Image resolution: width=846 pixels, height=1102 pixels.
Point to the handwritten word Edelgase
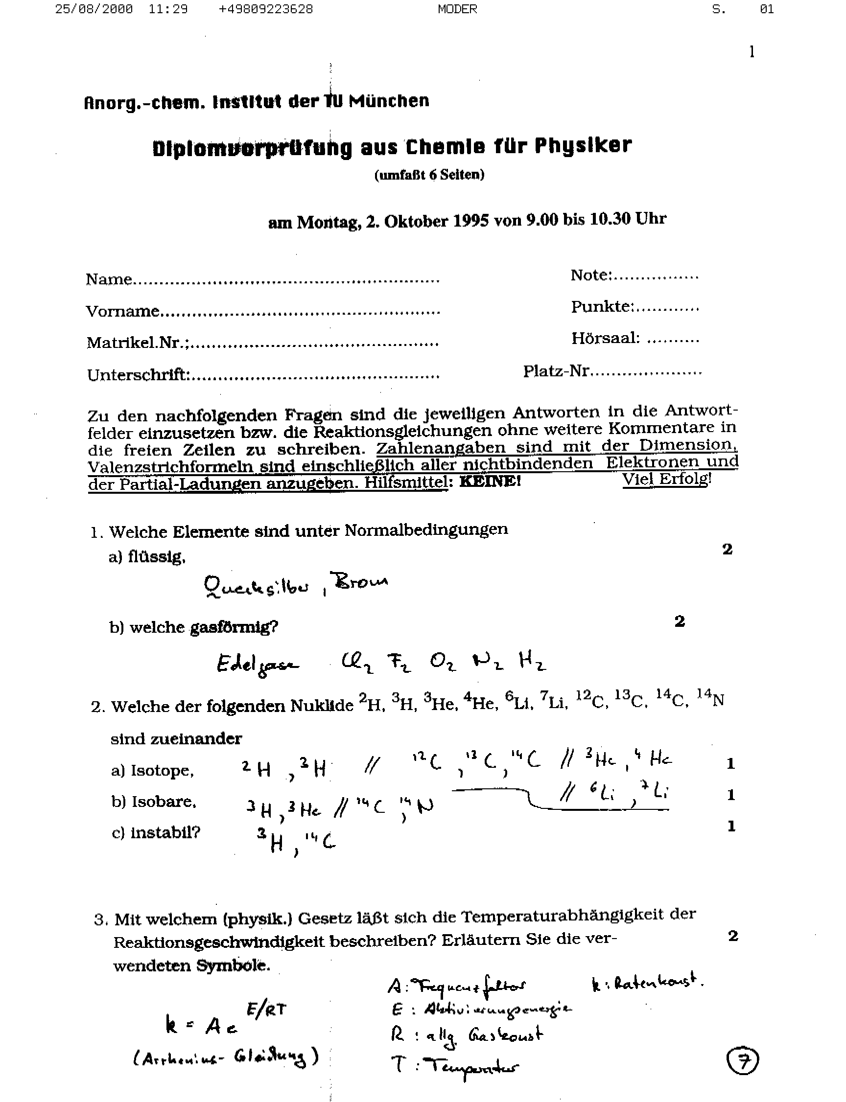pos(257,665)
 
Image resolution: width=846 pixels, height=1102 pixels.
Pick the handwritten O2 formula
pos(443,662)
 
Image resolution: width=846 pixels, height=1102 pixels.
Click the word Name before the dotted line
pos(109,279)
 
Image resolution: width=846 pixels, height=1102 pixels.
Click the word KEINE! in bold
pos(490,482)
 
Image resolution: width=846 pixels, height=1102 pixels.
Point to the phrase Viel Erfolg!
pos(667,479)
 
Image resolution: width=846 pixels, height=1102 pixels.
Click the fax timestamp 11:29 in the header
pos(168,9)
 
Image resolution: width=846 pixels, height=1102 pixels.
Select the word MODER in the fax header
pos(457,9)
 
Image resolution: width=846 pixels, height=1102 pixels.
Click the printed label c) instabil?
pos(156,833)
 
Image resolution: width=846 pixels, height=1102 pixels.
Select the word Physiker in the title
pos(583,146)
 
